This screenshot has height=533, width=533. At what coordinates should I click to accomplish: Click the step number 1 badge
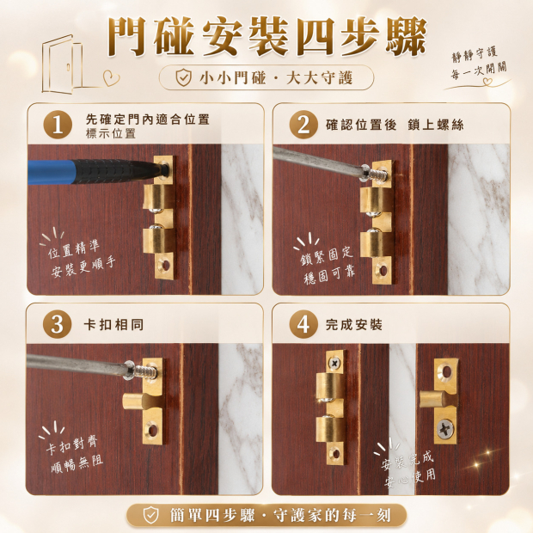tap(58, 125)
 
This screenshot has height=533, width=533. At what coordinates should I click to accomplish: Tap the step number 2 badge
tap(303, 125)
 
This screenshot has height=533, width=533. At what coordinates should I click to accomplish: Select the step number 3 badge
tap(58, 324)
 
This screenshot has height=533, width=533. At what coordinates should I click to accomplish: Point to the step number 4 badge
tap(303, 324)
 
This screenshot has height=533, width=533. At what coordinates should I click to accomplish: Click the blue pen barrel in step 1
tap(51, 172)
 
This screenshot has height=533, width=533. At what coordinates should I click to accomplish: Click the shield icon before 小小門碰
tap(184, 78)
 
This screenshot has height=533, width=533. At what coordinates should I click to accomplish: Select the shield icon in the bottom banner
tap(151, 515)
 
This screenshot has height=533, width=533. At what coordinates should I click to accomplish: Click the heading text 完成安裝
tap(354, 325)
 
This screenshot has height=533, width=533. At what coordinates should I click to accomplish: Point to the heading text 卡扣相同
tap(113, 325)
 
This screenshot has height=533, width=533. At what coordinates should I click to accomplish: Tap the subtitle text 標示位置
tap(111, 133)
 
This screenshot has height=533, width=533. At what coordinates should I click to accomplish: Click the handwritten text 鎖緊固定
tap(327, 257)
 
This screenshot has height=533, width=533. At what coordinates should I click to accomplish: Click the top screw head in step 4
tap(334, 364)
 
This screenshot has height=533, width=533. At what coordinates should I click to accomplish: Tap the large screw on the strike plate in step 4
tap(444, 429)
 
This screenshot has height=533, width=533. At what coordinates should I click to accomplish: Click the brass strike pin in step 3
tap(134, 401)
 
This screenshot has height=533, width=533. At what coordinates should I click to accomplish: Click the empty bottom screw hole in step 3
tap(152, 431)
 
